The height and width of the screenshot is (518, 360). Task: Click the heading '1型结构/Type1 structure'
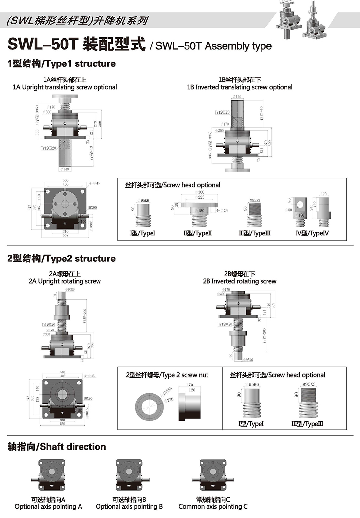pyautogui.click(x=62, y=63)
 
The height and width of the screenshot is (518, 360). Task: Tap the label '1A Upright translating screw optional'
pyautogui.click(x=65, y=87)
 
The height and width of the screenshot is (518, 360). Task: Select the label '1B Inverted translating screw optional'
pyautogui.click(x=240, y=87)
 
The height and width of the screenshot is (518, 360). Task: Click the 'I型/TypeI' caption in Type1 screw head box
pyautogui.click(x=142, y=233)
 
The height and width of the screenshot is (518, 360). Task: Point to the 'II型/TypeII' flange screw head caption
pyautogui.click(x=197, y=233)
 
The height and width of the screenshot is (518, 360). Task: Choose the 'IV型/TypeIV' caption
pyautogui.click(x=312, y=233)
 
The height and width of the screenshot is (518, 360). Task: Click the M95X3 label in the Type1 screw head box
pyautogui.click(x=255, y=200)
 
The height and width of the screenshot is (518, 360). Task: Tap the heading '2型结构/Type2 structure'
pyautogui.click(x=62, y=259)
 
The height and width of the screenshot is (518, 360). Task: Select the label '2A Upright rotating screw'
pyautogui.click(x=65, y=281)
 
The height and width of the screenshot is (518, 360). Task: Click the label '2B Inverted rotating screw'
pyautogui.click(x=240, y=281)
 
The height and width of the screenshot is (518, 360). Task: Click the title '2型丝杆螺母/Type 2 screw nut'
pyautogui.click(x=167, y=375)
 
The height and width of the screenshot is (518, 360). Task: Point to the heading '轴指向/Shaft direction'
pyautogui.click(x=57, y=447)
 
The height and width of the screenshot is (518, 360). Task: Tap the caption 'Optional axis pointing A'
pyautogui.click(x=48, y=507)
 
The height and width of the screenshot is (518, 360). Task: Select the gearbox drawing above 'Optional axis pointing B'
pyautogui.click(x=129, y=475)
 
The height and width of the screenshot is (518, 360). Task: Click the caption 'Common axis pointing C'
pyautogui.click(x=213, y=507)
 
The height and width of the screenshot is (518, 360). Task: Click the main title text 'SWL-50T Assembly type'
pyautogui.click(x=213, y=46)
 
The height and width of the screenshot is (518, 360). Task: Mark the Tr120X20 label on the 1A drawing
pyautogui.click(x=48, y=148)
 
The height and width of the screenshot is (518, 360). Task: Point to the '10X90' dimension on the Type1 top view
pyautogui.click(x=92, y=208)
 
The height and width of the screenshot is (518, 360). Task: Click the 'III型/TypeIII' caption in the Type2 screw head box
pyautogui.click(x=307, y=424)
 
